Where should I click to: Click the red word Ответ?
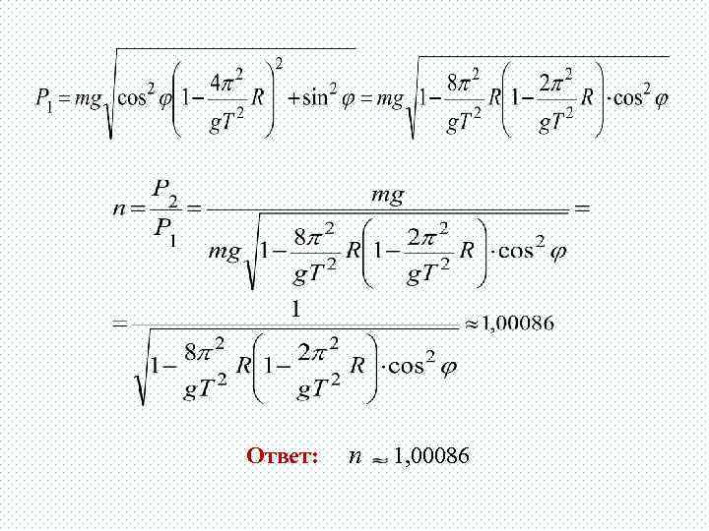(283, 456)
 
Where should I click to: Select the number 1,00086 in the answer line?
(431, 455)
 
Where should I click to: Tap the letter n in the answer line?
(354, 456)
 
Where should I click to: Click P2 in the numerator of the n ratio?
(164, 187)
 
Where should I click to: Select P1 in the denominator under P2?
(163, 228)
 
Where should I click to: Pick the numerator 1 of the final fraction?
(294, 309)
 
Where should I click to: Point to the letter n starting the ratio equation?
(119, 207)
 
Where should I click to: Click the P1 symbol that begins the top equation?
(43, 98)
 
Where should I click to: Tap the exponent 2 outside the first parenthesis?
(280, 64)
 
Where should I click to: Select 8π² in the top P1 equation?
(463, 81)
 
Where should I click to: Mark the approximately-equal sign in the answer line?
(379, 457)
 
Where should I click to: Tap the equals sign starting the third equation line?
(118, 322)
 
